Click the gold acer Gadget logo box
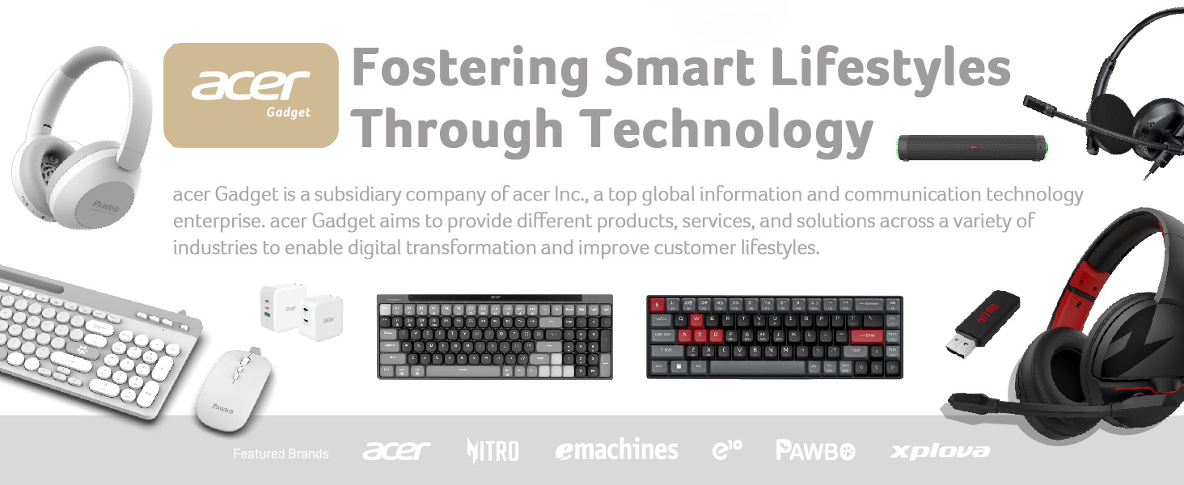pyautogui.click(x=251, y=95)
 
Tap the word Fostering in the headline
pyautogui.click(x=470, y=69)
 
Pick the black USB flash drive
pyautogui.click(x=983, y=321)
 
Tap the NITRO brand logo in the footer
pyautogui.click(x=493, y=450)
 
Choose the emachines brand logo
pyautogui.click(x=616, y=450)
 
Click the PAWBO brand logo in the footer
pyautogui.click(x=814, y=450)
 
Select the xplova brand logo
pyautogui.click(x=940, y=450)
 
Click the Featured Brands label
pyautogui.click(x=281, y=453)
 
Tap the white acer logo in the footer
pyautogui.click(x=396, y=450)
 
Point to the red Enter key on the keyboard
pyautogui.click(x=866, y=335)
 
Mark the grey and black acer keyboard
pyautogui.click(x=494, y=336)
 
